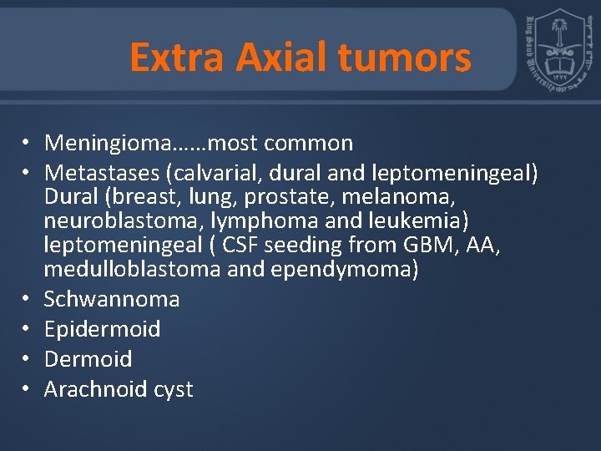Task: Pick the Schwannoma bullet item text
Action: pos(112,299)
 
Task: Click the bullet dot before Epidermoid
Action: pos(28,329)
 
